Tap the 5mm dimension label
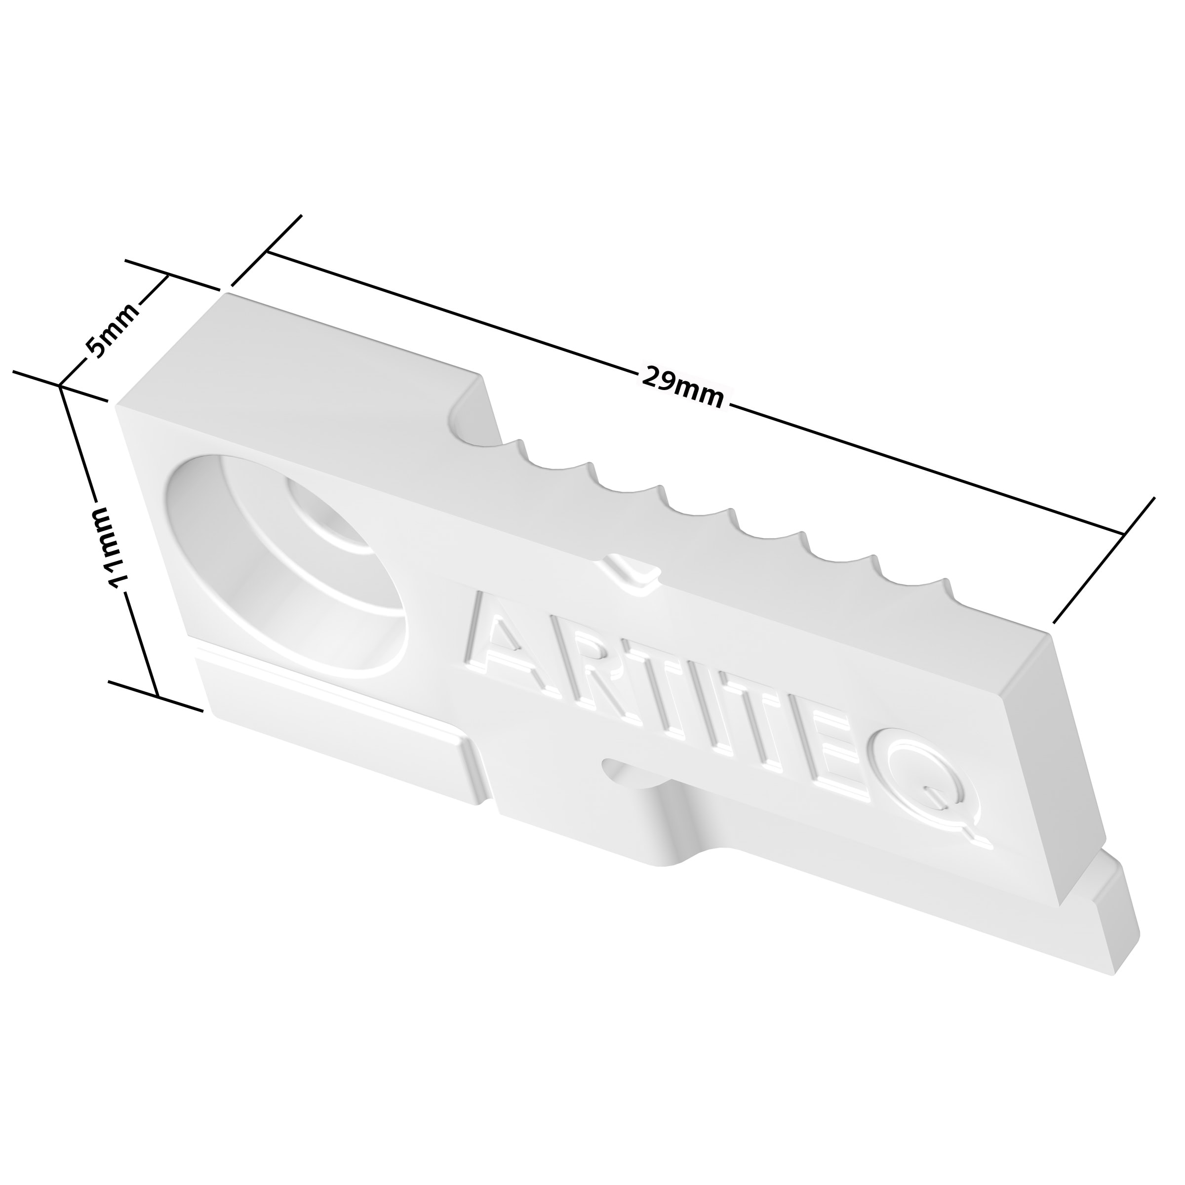point(112,331)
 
